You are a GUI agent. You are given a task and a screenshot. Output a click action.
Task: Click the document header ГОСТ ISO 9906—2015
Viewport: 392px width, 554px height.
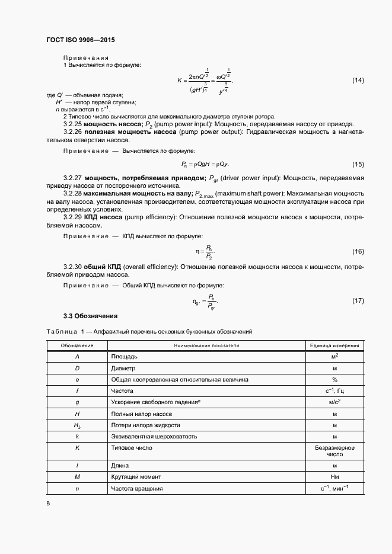point(80,40)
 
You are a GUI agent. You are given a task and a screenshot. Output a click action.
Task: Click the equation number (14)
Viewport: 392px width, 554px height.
point(358,80)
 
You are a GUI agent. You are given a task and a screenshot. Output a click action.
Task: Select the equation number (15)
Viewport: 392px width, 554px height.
point(358,164)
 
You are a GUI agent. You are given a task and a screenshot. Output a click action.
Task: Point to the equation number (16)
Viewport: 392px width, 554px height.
point(358,252)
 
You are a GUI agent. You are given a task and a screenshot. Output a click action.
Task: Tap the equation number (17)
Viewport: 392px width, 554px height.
point(358,301)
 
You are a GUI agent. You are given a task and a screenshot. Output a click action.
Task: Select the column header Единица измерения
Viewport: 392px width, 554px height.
point(334,345)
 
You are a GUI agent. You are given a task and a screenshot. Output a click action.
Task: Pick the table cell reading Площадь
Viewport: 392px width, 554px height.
point(125,357)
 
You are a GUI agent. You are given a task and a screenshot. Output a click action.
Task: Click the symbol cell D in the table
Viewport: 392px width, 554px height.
point(77,368)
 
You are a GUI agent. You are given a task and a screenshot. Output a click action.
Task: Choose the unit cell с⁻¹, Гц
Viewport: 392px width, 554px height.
point(334,391)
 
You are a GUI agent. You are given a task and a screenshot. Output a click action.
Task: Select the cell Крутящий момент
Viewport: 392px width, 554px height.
point(141,477)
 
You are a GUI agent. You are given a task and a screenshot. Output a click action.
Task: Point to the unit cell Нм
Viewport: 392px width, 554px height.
point(334,477)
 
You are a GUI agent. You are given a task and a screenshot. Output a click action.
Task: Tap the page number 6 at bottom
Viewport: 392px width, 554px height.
point(48,503)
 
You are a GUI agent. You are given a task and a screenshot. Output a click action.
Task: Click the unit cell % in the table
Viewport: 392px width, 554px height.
point(334,379)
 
